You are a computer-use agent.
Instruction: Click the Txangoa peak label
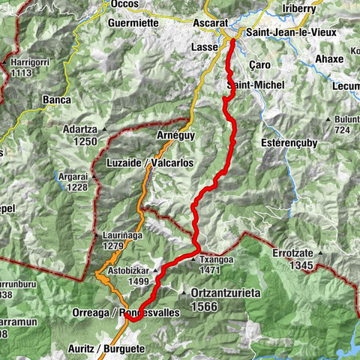pos(218,259)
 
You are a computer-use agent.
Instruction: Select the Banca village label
pos(57,100)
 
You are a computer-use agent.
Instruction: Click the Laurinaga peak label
pos(121,236)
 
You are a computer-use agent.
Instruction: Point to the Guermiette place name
pos(131,23)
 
